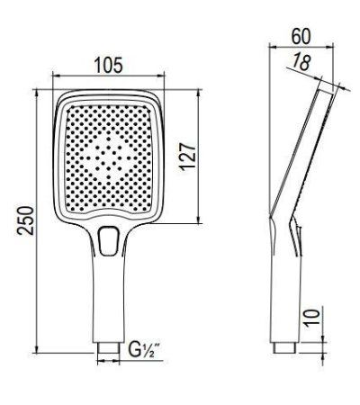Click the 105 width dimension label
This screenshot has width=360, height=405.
tap(108, 66)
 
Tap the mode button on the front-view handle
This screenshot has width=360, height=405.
tap(111, 240)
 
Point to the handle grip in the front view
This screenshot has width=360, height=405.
tap(109, 297)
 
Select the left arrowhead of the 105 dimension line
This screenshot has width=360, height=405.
tap(56, 77)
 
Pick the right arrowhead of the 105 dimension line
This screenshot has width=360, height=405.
tap(165, 77)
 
